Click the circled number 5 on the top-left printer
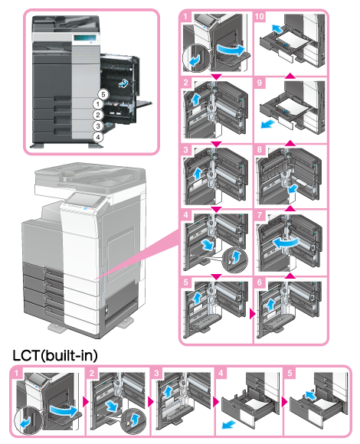pos(103,95)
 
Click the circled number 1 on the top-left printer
pos(98,104)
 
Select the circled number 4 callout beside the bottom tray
pos(98,137)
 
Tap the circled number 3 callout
pos(98,126)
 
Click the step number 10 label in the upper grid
pos(259,16)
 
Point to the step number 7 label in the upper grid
pos(259,215)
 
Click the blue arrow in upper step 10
pos(277,28)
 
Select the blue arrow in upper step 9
pos(267,124)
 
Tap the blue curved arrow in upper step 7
pos(286,243)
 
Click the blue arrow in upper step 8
pos(293,188)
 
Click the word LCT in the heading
pos(26,355)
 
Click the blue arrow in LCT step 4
pos(229,424)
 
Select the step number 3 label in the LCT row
pos(156,373)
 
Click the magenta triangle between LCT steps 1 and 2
pos(85,402)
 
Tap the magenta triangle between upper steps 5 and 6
pos(252,314)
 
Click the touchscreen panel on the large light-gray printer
pos(85,199)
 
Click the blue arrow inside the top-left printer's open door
pos(123,83)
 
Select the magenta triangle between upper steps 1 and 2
pos(217,77)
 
